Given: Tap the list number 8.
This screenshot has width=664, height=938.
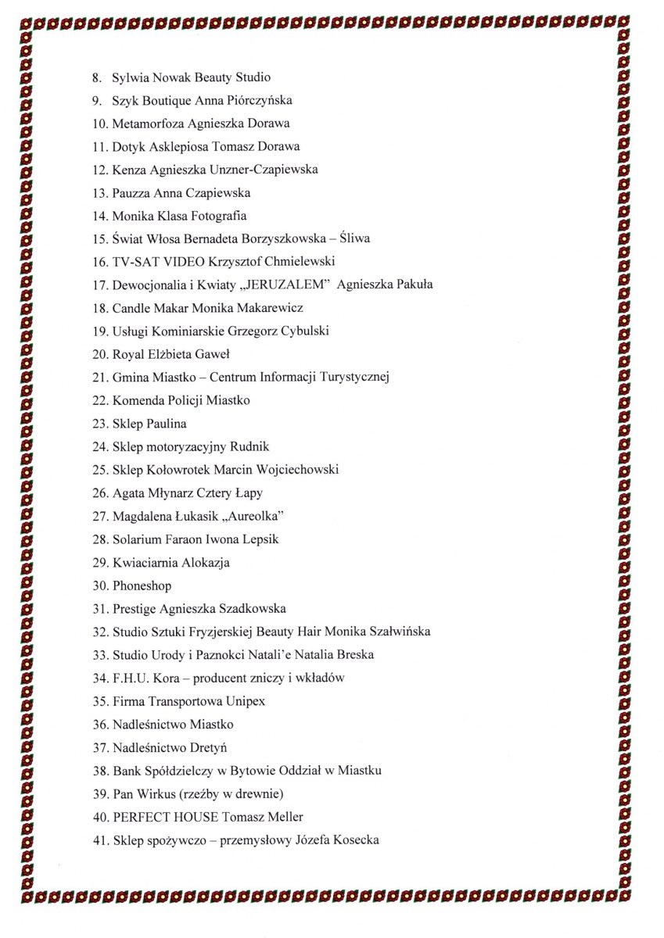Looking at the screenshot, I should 97,77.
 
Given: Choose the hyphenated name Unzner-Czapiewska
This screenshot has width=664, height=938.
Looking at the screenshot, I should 267,170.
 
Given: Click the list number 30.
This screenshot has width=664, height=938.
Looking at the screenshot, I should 99,585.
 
